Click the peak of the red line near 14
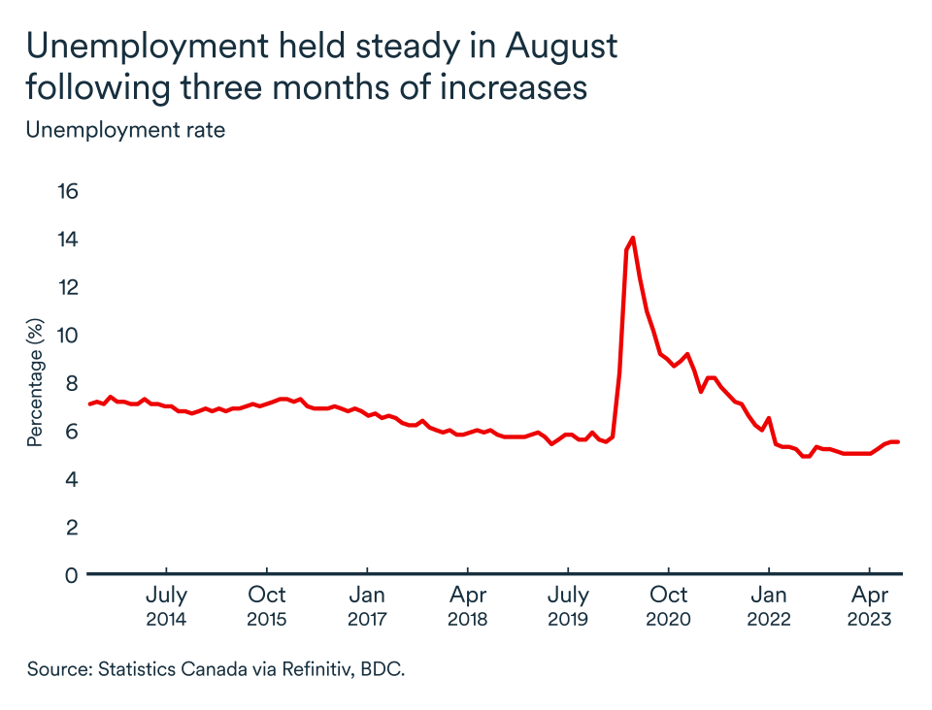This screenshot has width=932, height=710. pyautogui.click(x=633, y=238)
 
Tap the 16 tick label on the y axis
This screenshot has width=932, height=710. pyautogui.click(x=67, y=190)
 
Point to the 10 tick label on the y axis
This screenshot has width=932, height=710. pyautogui.click(x=67, y=335)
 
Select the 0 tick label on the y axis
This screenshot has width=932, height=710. pyautogui.click(x=70, y=575)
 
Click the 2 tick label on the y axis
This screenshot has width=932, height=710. pyautogui.click(x=70, y=527)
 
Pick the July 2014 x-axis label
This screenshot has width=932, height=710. pyautogui.click(x=166, y=606)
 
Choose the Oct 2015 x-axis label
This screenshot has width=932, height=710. pyautogui.click(x=267, y=606)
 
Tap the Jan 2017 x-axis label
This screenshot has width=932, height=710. pyautogui.click(x=367, y=606)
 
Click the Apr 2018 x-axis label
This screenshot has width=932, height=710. pyautogui.click(x=468, y=606)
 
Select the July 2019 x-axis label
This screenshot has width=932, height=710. pyautogui.click(x=568, y=606)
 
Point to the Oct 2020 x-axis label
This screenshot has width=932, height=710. pyautogui.click(x=669, y=606)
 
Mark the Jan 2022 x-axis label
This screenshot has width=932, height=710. pyautogui.click(x=769, y=606)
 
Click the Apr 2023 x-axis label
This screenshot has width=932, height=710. pyautogui.click(x=869, y=606)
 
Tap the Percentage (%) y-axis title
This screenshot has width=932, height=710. pyautogui.click(x=36, y=382)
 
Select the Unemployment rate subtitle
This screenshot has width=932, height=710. pyautogui.click(x=125, y=130)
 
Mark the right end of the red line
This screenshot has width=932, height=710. pyautogui.click(x=898, y=442)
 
